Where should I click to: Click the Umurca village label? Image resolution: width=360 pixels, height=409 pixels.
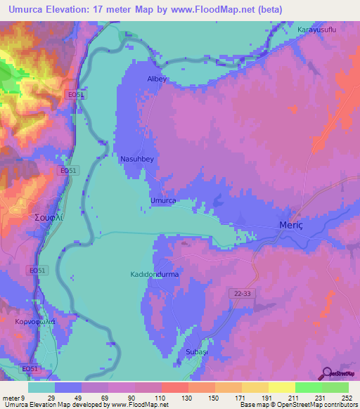click(163, 200)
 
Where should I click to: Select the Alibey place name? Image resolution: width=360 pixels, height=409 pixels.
click(156, 79)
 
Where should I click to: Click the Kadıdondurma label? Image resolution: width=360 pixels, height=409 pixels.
click(155, 274)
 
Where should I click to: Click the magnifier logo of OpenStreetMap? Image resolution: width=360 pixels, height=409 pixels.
click(325, 373)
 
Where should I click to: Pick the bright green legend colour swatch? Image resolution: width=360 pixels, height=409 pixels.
click(309, 387)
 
